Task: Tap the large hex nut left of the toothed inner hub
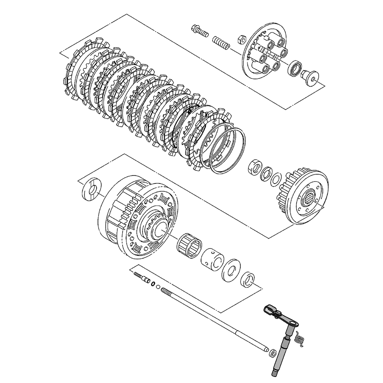[x=254, y=167]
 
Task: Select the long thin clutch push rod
[x=214, y=318]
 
